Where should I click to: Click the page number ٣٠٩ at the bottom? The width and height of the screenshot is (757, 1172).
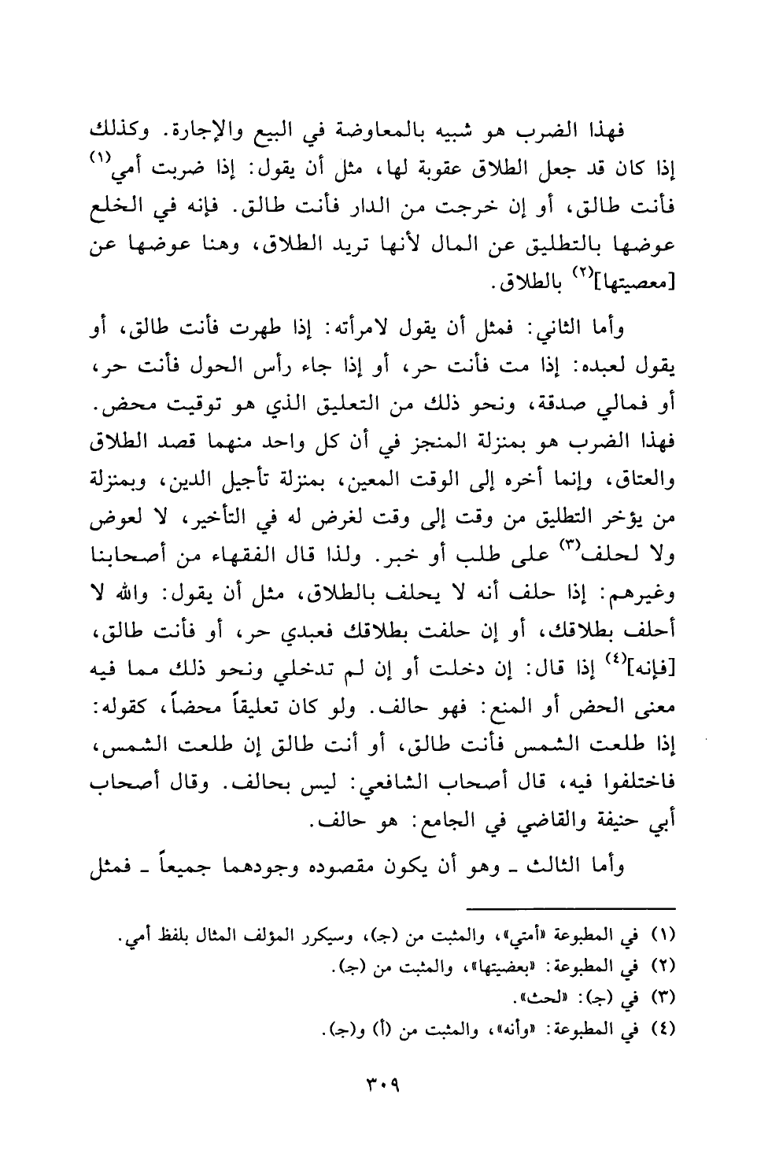[x=378, y=1084]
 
